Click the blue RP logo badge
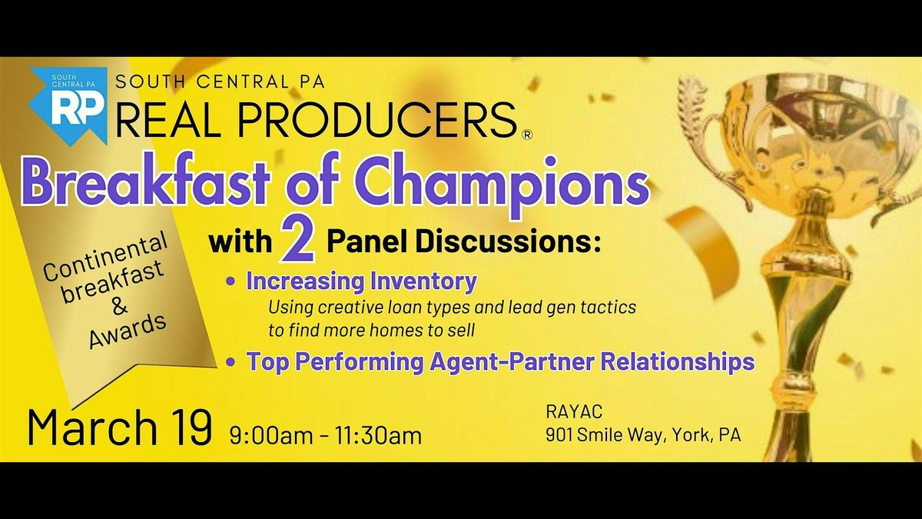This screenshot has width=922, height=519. (68, 105)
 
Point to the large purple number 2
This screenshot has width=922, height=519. (299, 241)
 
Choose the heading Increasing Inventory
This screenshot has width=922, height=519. (361, 281)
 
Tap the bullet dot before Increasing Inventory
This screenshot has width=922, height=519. (231, 282)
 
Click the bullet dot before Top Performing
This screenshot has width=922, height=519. (231, 362)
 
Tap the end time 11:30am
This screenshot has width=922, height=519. (378, 435)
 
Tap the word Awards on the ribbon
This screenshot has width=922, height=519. (128, 331)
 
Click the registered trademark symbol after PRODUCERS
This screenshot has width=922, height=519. (526, 135)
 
